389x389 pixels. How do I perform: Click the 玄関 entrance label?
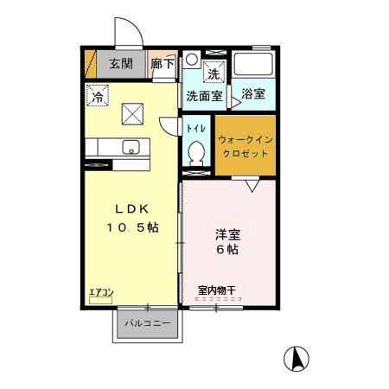click(118, 63)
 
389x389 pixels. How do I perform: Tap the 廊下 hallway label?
click(162, 63)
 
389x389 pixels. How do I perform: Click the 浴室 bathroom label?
click(253, 94)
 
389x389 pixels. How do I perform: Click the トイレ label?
click(196, 127)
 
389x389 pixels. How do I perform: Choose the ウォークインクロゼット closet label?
click(244, 145)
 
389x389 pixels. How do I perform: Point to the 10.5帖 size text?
click(131, 227)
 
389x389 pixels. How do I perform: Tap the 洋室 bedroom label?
click(228, 233)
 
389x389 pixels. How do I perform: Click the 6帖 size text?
click(228, 250)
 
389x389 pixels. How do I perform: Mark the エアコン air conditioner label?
click(100, 292)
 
